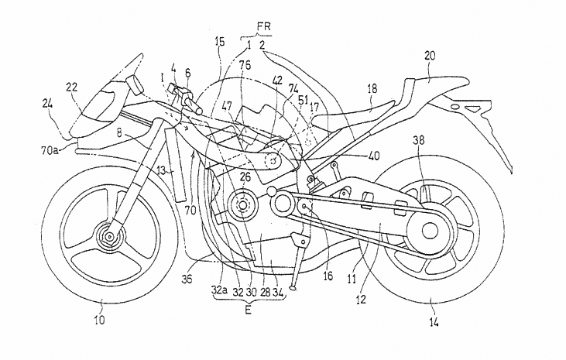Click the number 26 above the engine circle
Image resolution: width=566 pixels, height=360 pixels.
point(244,177)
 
